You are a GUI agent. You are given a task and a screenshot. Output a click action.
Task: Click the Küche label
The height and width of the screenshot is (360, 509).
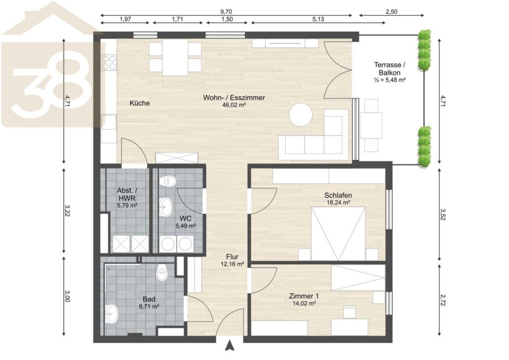click(x=140, y=103)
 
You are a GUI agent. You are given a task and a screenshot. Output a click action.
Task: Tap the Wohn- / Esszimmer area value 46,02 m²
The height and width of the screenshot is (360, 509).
click(x=234, y=105)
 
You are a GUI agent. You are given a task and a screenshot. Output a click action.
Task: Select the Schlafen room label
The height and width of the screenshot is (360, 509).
click(x=338, y=195)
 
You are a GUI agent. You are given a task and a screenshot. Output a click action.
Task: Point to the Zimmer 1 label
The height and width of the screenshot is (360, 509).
click(x=304, y=296)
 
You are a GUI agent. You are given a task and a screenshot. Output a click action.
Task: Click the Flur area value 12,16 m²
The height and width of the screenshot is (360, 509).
click(x=232, y=264)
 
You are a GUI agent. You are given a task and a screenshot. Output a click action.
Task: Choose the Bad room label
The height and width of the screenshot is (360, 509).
click(x=149, y=299)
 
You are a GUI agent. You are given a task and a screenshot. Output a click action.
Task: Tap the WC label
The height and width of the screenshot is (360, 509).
click(x=186, y=218)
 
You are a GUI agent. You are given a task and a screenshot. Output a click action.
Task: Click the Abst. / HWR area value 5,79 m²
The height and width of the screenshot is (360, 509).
click(x=127, y=205)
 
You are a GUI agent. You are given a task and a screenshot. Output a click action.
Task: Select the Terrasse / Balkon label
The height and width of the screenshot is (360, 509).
click(x=390, y=69)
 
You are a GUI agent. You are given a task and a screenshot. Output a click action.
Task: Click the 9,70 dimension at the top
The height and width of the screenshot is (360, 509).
click(x=226, y=12)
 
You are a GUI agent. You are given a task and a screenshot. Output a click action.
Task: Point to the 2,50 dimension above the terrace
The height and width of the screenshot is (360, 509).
click(x=391, y=12)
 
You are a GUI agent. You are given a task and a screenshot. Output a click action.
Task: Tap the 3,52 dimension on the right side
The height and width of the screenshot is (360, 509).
click(x=442, y=215)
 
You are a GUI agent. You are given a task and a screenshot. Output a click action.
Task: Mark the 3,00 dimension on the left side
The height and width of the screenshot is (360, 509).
click(x=67, y=295)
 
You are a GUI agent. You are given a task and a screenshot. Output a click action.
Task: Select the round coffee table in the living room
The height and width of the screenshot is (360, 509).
click(x=301, y=115)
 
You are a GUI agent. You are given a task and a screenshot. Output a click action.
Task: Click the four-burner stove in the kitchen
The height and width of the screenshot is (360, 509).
click(x=109, y=62)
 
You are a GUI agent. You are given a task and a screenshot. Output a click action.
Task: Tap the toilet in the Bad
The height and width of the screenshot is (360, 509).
click(x=162, y=272)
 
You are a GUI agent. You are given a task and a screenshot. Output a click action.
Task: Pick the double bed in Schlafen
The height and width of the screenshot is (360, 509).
click(x=338, y=234)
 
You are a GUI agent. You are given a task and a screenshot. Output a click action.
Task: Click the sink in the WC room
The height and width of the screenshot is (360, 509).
click(x=166, y=207)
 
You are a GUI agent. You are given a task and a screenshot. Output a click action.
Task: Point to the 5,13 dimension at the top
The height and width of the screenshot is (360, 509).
click(x=318, y=19)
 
